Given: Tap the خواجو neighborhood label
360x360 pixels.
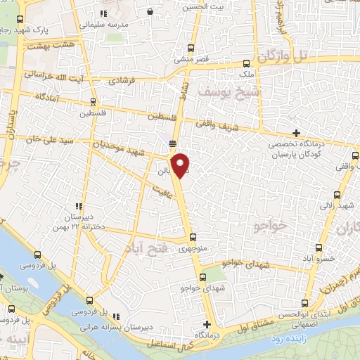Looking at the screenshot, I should click(267, 223).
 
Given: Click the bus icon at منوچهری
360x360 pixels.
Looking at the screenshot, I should click(194, 238).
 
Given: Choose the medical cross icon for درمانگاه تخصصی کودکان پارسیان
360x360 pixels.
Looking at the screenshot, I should click(297, 133).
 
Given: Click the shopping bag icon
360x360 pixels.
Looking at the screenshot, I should click(150, 12).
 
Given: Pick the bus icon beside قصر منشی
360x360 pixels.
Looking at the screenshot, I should click(191, 49).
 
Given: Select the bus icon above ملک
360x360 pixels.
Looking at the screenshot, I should click(246, 63).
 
